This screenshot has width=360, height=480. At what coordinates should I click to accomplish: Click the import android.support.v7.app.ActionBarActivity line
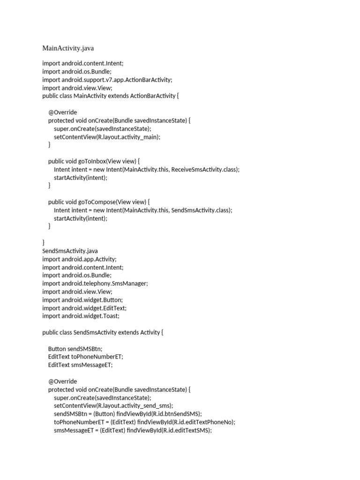(107, 80)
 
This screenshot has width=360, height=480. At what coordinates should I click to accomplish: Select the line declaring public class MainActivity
(111, 96)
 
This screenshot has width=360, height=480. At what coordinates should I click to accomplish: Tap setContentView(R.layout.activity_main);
(107, 137)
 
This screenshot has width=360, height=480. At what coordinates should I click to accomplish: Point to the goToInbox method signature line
(94, 161)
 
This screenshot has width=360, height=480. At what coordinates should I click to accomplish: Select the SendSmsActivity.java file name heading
(70, 251)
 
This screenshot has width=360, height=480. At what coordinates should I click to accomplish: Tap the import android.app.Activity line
(79, 259)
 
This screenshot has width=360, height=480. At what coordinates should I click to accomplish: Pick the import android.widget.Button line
(82, 300)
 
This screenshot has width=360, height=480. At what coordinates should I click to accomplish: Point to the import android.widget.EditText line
(84, 307)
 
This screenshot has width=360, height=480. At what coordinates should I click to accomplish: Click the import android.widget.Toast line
(81, 316)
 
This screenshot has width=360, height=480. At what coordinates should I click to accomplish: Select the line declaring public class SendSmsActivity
(103, 332)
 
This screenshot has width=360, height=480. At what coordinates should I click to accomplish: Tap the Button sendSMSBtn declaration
(75, 349)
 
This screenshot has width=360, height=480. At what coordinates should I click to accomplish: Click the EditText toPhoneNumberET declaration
(86, 357)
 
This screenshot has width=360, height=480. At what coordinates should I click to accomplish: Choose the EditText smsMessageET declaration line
(81, 365)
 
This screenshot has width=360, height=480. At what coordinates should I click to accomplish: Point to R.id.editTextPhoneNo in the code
(203, 422)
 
